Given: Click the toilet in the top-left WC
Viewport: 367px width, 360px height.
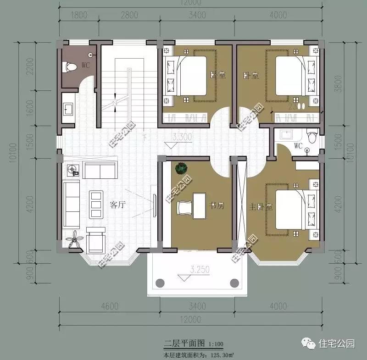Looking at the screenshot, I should click(x=70, y=66).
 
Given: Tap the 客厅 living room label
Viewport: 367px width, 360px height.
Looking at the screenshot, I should click(x=118, y=205).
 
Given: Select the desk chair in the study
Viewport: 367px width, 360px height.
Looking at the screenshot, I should click(x=185, y=207).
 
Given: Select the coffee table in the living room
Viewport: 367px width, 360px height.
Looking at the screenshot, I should click(x=95, y=204).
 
